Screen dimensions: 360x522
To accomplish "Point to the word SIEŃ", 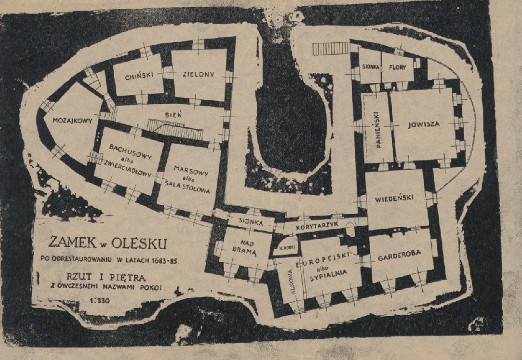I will pos(175,112).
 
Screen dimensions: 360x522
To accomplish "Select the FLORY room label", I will pos(397,68).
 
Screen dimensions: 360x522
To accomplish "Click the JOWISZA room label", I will pos(423,125).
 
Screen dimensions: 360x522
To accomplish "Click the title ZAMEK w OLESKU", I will pos(108,243).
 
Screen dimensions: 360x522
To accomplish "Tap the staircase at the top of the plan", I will pos(331,49).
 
